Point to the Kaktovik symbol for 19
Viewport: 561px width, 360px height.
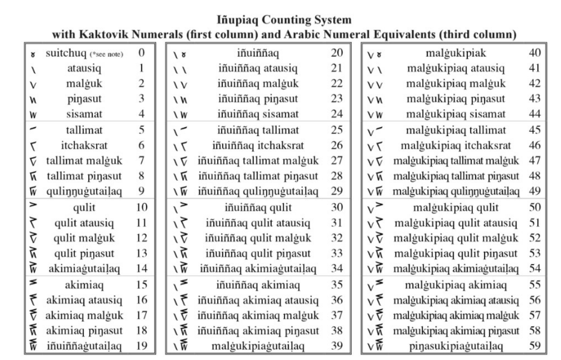pos(33,346)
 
